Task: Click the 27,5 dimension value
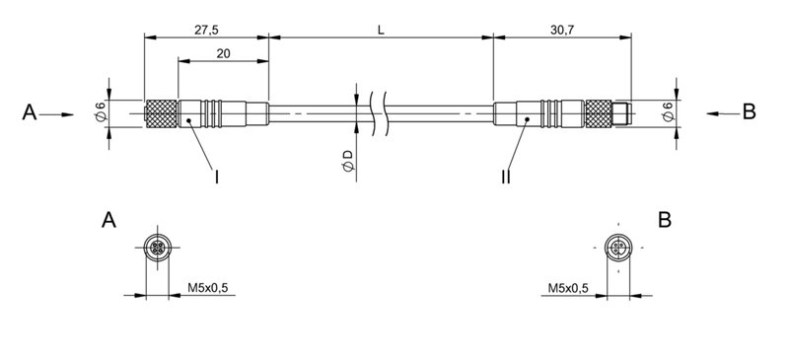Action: [206, 30]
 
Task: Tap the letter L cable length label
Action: [381, 30]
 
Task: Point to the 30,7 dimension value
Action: [562, 30]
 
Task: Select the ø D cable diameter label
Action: [347, 162]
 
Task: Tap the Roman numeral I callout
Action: [216, 178]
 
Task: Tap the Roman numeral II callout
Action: [504, 178]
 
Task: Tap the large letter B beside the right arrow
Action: [749, 114]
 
